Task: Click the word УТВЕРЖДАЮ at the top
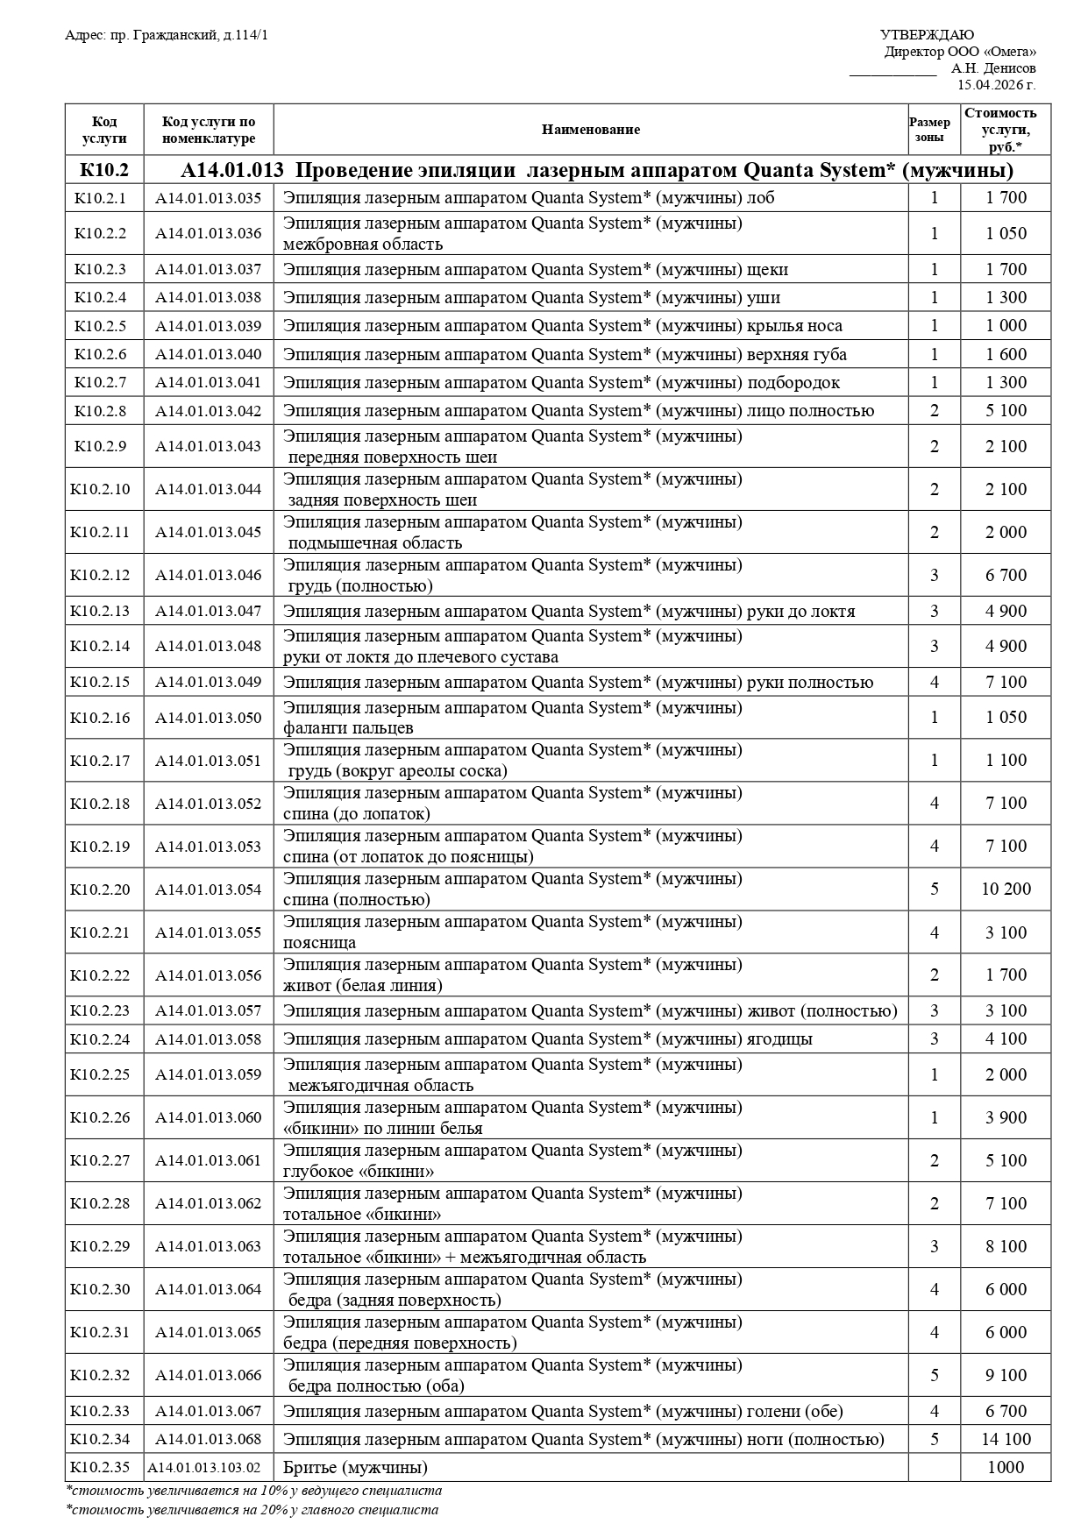(927, 35)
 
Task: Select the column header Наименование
(590, 130)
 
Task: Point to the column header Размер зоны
(934, 130)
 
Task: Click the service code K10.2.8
(100, 411)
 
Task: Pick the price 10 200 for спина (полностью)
(1006, 889)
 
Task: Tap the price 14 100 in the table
(1006, 1440)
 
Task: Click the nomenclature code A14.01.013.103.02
(204, 1468)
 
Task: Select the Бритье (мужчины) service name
(355, 1468)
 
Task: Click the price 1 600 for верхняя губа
(1006, 355)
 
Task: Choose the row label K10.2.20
(100, 889)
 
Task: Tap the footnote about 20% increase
(252, 1510)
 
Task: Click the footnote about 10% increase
(253, 1491)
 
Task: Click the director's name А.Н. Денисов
(992, 68)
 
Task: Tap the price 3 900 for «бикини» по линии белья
(1006, 1118)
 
